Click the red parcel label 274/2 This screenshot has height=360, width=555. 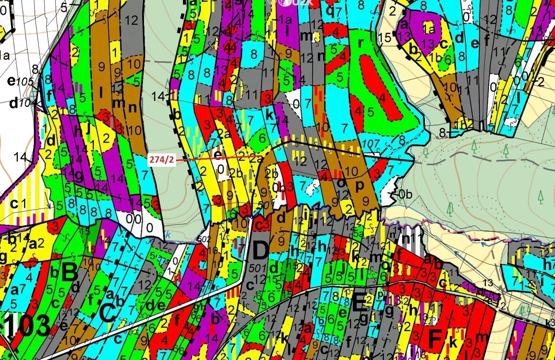[x=162, y=160]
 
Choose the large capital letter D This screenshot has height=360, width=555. [x=260, y=250]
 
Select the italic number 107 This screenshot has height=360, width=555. [x=370, y=144]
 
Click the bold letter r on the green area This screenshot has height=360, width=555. [x=360, y=43]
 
